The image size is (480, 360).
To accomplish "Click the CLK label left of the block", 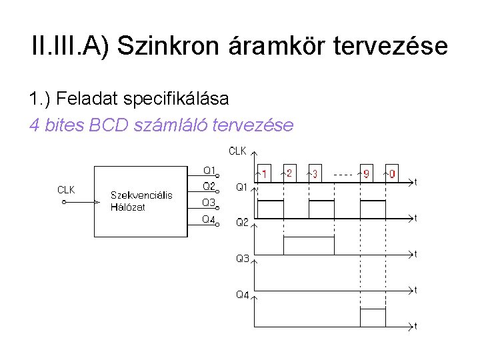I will pos(66,190).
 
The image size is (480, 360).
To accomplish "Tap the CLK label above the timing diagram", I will pos(237,151).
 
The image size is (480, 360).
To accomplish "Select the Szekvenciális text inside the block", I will pos(141,195).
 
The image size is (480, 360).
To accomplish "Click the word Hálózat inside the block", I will pos(128,207).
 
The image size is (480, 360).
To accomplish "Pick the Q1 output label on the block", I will pos(209,170).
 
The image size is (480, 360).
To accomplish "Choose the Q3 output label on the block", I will pos(209,203).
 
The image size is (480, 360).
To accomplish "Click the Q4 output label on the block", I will pos(209,219).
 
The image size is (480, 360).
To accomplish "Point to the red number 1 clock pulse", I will pos(265,174).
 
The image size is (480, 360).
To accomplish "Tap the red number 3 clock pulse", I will pos(314,174).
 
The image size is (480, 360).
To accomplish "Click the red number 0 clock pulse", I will pos(392,174).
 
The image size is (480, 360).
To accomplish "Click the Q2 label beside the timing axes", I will pos(242,223).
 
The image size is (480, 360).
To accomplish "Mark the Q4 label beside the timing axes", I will pos(242,295).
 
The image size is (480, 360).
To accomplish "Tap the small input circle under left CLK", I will pos(64,202).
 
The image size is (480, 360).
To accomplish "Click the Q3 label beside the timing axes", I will pos(242,259).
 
